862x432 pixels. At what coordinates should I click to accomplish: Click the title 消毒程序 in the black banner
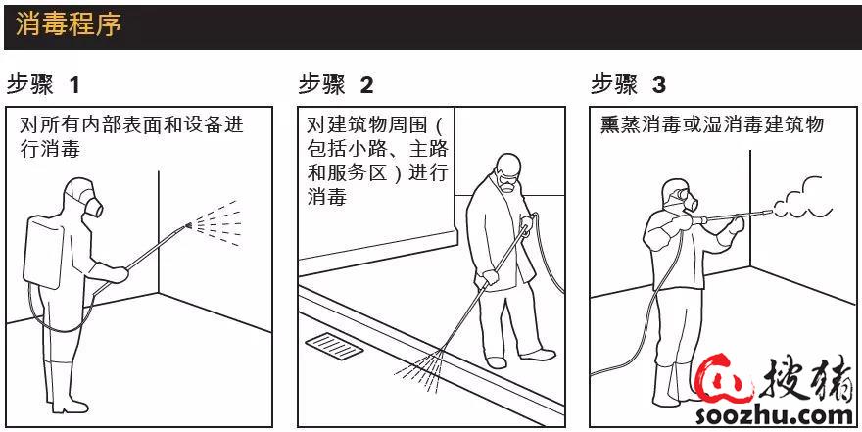69,24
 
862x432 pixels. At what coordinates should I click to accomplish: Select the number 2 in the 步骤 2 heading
366,85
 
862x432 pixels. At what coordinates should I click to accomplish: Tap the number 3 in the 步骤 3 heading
658,85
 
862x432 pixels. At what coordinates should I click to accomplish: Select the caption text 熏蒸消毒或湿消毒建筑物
713,126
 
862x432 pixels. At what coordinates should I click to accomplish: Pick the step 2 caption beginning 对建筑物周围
376,161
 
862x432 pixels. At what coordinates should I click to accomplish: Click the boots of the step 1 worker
58,387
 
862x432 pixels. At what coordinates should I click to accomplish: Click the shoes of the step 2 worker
519,357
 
